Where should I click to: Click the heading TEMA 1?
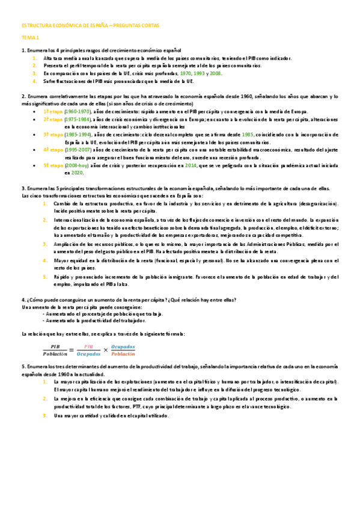(x=30, y=38)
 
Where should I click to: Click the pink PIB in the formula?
(x=88, y=346)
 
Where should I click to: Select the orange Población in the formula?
(x=123, y=355)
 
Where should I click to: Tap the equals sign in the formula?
(x=71, y=351)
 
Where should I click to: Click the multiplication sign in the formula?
(x=106, y=351)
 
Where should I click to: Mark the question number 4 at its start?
(x=22, y=299)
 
